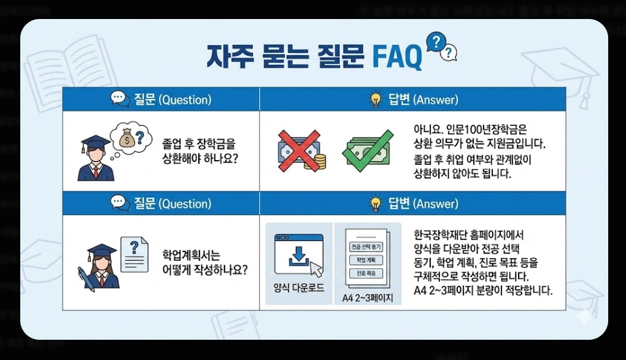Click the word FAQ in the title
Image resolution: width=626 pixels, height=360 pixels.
tap(397, 57)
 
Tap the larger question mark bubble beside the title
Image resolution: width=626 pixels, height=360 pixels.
tap(435, 42)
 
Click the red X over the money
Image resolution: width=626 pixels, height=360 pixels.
tap(299, 148)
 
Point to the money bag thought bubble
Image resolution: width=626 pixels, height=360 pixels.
tap(130, 139)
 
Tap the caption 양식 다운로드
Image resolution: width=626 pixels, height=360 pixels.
tap(299, 288)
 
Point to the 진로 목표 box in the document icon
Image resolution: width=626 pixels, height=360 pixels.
tap(366, 272)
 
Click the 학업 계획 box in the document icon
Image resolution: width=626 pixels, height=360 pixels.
tap(366, 259)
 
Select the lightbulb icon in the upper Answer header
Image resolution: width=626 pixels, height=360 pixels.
tap(374, 99)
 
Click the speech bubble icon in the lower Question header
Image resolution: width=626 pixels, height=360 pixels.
tap(120, 203)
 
